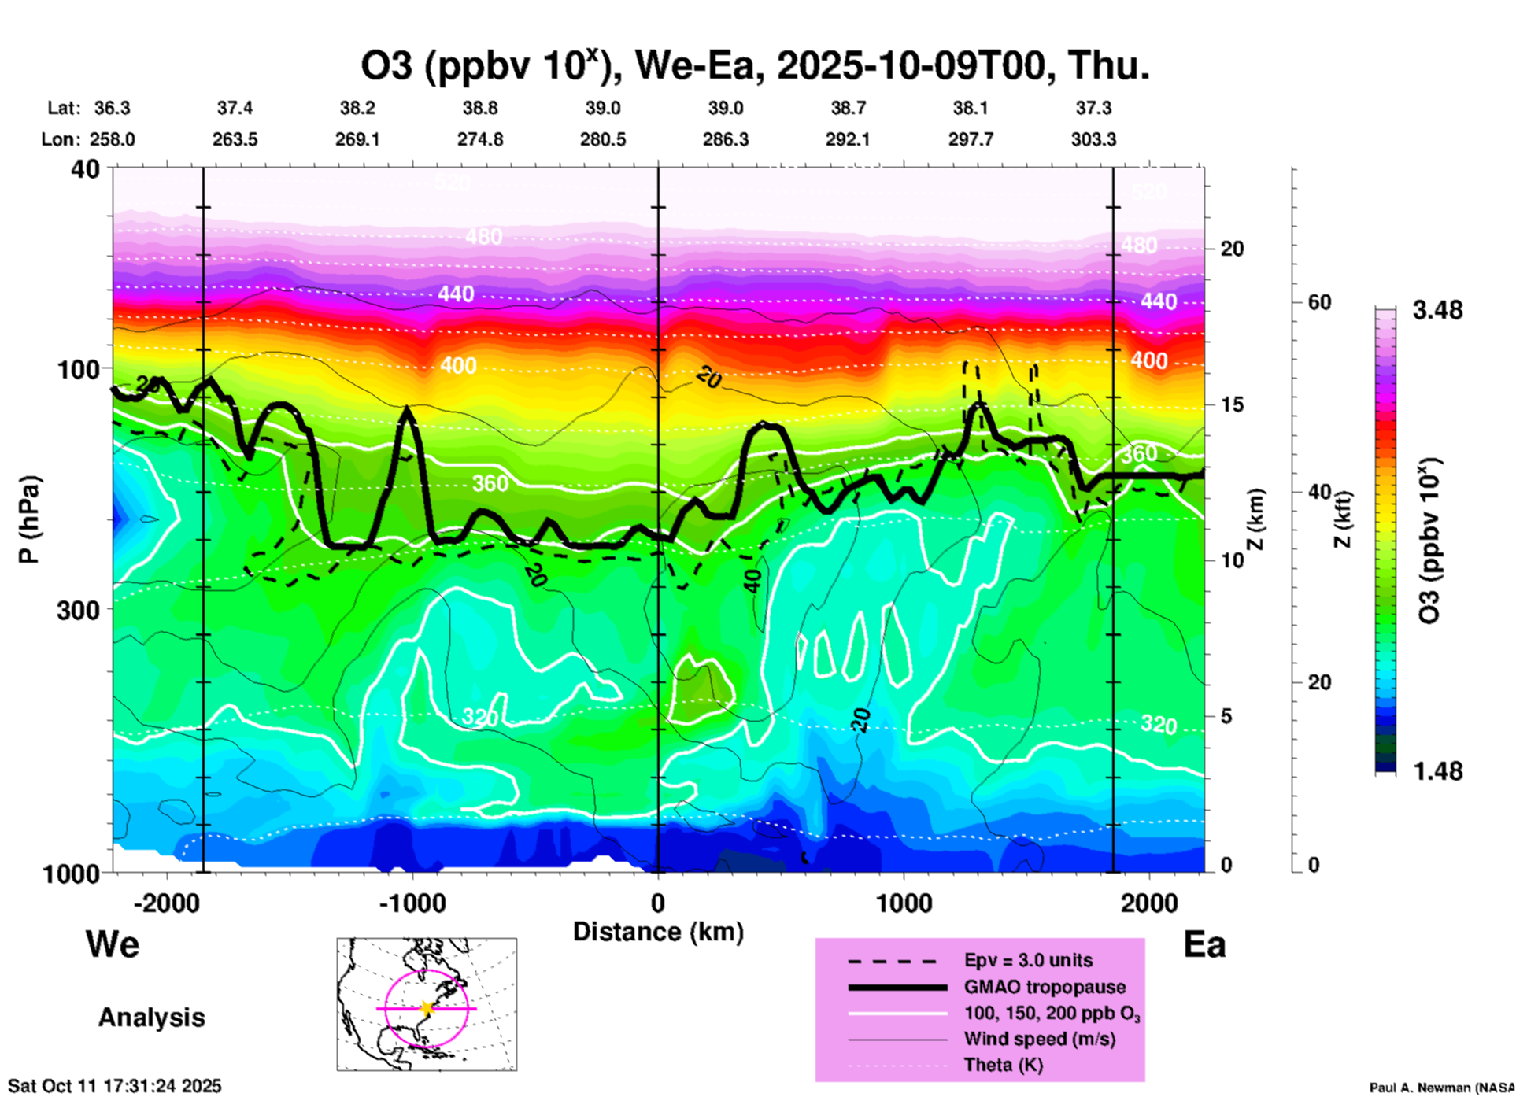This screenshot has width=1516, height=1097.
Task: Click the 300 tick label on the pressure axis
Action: pos(78,610)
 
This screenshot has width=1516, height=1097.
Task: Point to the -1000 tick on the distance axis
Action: pos(412,903)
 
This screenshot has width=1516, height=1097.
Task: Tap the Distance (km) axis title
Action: pos(658,932)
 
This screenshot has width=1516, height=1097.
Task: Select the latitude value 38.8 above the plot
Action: pos(480,108)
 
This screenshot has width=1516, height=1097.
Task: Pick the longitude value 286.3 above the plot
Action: pos(726,140)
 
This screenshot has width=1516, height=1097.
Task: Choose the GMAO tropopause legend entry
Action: pos(1045,987)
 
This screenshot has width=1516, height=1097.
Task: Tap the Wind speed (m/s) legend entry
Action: pos(1039,1039)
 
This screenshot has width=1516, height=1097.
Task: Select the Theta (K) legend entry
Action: pos(1003,1066)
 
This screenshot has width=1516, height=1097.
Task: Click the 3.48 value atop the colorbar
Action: pos(1437,311)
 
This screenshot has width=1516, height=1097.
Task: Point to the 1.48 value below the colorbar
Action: pos(1437,771)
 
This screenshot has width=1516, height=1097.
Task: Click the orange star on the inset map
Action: pos(427,1008)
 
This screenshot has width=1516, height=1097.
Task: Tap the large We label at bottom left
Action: pos(113,944)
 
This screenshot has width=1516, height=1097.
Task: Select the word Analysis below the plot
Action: pos(151,1018)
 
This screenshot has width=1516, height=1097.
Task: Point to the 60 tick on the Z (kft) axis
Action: pos(1319,302)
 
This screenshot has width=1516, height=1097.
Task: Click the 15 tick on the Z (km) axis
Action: pos(1232,404)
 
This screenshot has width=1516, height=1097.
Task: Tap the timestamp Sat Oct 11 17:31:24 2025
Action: pos(115,1086)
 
